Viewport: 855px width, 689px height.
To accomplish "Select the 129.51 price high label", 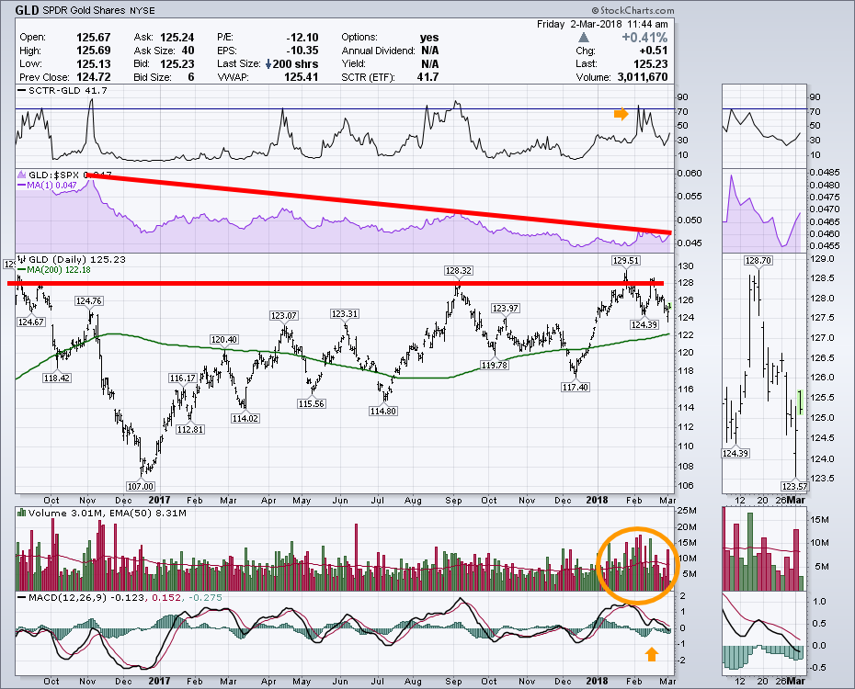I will pyautogui.click(x=624, y=261).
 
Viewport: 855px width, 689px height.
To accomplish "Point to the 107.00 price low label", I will pyautogui.click(x=141, y=485).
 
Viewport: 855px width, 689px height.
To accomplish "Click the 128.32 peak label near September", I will pyautogui.click(x=458, y=271).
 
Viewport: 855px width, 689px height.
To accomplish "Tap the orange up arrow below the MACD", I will pyautogui.click(x=651, y=654).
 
